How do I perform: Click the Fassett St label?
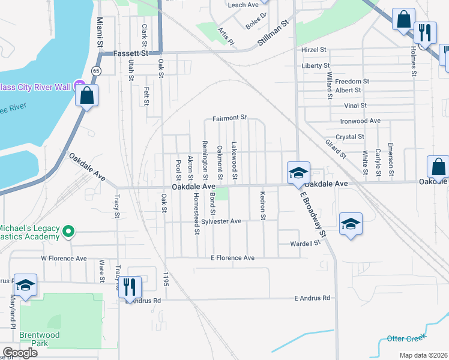pos(131,53)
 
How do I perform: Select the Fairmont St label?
pos(229,118)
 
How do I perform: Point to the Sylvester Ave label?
pos(221,221)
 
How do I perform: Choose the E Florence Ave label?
pos(232,258)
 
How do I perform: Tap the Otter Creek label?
pos(406,338)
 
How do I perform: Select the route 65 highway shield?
pos(95,71)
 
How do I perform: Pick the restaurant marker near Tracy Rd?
pos(130,286)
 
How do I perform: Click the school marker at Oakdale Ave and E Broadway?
pos(298,173)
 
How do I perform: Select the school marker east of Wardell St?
pos(351,224)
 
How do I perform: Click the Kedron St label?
pos(262,205)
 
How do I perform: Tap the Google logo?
pos(20,353)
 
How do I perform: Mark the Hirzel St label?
pos(314,50)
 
